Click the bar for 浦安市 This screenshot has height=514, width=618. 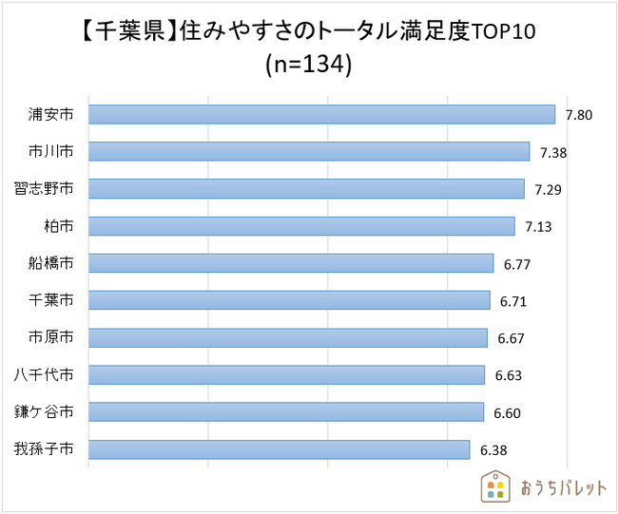click(321, 114)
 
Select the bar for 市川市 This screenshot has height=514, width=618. click(309, 151)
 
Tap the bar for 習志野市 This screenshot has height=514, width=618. click(306, 188)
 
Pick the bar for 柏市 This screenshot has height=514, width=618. click(301, 226)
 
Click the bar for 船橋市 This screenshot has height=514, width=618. click(291, 263)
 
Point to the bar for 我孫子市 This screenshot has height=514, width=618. click(280, 449)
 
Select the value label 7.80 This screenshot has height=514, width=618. click(579, 115)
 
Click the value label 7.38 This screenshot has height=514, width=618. click(553, 152)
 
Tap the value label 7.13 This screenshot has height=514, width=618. click(538, 227)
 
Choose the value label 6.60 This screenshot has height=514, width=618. click(507, 412)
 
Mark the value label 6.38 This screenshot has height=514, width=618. click(493, 449)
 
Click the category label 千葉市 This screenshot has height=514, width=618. click(51, 301)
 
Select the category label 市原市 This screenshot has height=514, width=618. click(51, 338)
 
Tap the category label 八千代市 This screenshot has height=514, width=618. click(45, 375)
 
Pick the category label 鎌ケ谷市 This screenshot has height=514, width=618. click(45, 412)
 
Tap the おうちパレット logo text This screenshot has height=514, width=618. click(563, 487)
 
